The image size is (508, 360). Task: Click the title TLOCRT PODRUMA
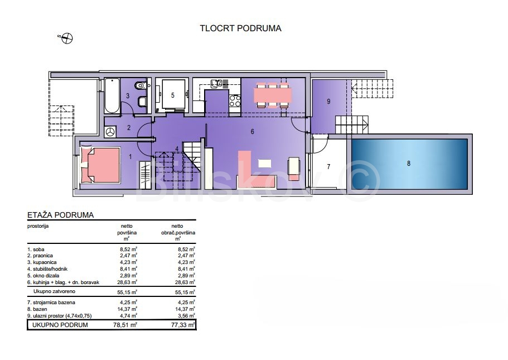pos(240,28)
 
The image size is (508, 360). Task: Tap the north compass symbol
pos(67,39)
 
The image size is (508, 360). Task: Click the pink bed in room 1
pos(100,165)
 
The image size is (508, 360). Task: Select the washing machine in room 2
pos(111,131)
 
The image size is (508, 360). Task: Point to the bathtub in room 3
pos(112,95)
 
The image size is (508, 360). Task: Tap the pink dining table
pos(273,95)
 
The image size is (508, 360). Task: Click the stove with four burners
pos(235,100)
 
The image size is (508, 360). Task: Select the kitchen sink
pos(216,84)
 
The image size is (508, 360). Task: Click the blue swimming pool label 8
pos(409,164)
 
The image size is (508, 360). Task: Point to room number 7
pos(328,167)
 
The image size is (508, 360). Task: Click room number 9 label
pos(328,102)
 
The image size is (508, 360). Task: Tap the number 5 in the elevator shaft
pos(173,95)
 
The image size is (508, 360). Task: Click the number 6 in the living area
pos(252,132)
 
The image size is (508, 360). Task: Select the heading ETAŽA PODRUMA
pos(61,215)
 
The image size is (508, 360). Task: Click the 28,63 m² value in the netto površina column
pos(127,282)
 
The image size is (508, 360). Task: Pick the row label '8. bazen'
pos(37,309)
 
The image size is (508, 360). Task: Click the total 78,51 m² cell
pos(125,325)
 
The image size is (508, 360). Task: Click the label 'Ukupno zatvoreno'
pos(55,291)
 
